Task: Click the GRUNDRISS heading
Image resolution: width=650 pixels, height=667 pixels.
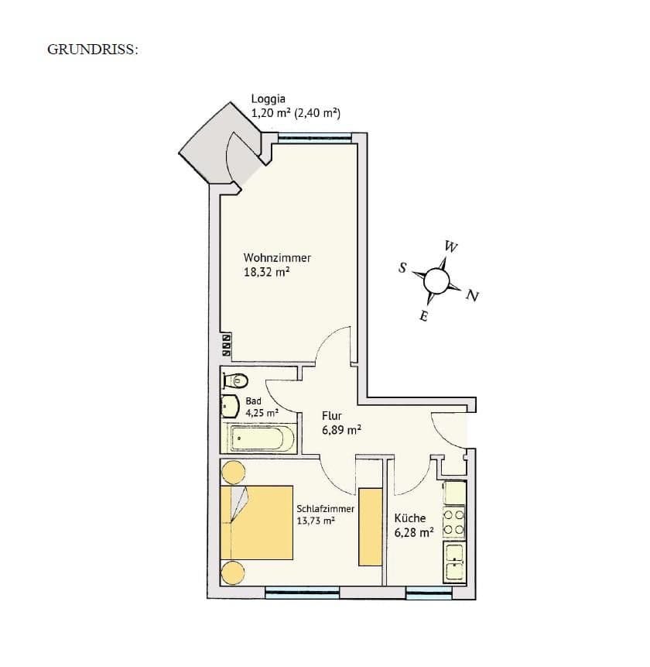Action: (x=93, y=49)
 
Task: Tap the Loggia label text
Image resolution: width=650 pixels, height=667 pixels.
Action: (x=269, y=99)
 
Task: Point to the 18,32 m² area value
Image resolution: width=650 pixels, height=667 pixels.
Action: (x=267, y=273)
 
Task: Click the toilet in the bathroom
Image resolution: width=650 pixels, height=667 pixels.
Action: (x=235, y=380)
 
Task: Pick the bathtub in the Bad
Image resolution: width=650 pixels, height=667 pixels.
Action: (x=260, y=438)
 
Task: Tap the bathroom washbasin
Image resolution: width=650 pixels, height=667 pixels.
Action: (x=231, y=407)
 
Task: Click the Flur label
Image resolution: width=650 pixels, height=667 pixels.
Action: (x=331, y=416)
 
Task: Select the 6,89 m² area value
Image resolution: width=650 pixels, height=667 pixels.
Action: (x=341, y=430)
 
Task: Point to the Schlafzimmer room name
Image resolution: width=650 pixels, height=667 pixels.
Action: (x=325, y=509)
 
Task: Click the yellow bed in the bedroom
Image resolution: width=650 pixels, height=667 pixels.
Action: (x=257, y=522)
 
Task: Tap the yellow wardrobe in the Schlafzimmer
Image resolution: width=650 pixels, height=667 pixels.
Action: (x=370, y=527)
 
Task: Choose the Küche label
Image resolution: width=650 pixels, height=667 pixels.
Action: (x=410, y=518)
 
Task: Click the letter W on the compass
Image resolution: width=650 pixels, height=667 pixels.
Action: (x=450, y=247)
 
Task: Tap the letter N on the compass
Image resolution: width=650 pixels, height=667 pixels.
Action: (x=472, y=296)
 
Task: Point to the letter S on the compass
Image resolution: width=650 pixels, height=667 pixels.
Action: (x=402, y=268)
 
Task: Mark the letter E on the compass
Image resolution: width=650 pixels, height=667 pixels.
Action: (x=423, y=316)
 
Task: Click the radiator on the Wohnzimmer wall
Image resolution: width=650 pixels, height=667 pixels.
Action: (x=227, y=346)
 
